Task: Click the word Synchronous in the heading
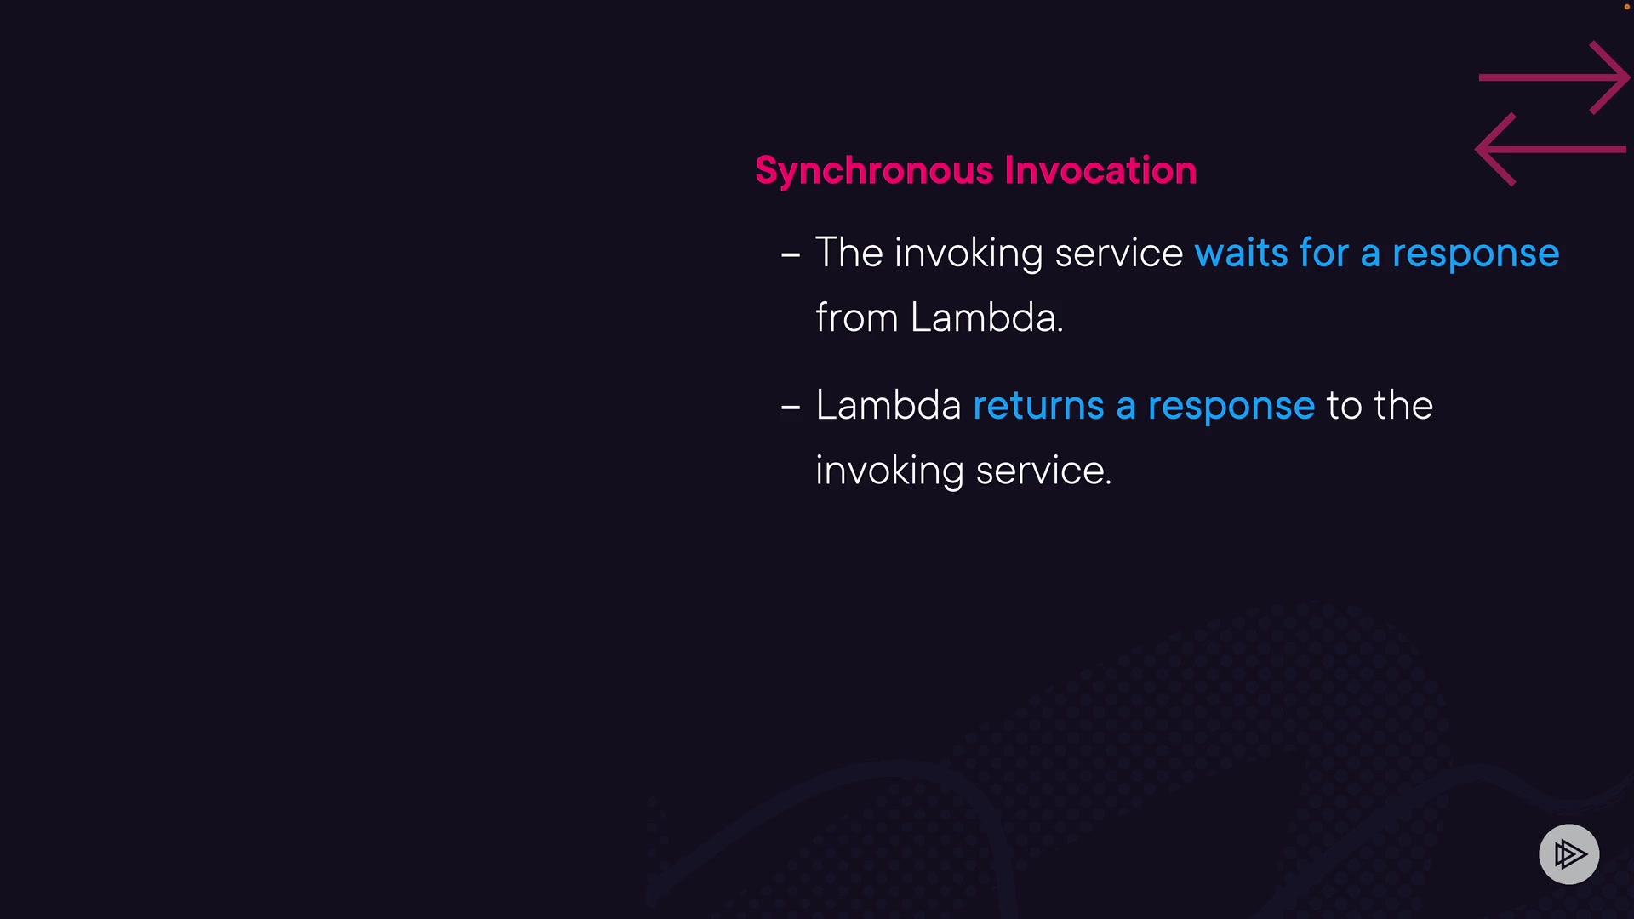click(874, 171)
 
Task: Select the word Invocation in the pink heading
click(1100, 170)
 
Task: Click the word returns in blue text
click(1038, 406)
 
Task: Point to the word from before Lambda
click(856, 317)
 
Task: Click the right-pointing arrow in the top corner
click(1554, 77)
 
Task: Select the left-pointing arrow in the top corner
click(1551, 149)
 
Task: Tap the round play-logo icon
click(1568, 854)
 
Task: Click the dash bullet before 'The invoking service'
click(791, 254)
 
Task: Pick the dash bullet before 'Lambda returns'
click(791, 408)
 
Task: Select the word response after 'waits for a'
click(1476, 255)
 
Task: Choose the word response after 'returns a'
click(1231, 408)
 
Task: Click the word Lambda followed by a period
click(986, 317)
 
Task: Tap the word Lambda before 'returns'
click(888, 405)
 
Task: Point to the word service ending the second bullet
click(1043, 471)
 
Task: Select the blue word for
click(1324, 253)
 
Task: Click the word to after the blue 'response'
click(1344, 406)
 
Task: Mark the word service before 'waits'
click(1119, 254)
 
